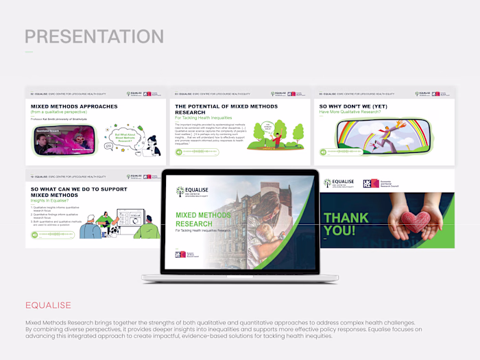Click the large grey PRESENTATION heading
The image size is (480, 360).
coord(95,36)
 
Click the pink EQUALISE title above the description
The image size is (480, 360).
coord(48,305)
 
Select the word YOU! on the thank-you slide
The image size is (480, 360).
coord(339,230)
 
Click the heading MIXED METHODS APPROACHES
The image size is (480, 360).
coord(74,107)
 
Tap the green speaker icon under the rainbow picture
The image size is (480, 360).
coord(322,153)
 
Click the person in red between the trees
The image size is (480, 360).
coord(277,139)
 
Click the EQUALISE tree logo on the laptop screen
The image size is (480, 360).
coord(180,192)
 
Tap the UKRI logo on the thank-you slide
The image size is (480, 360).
coord(371,183)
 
